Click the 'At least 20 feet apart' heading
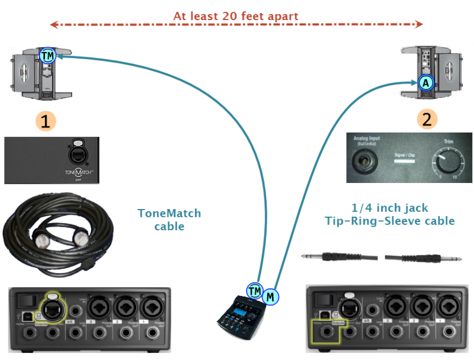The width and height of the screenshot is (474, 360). (x=236, y=16)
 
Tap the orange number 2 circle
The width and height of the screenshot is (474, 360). (x=427, y=118)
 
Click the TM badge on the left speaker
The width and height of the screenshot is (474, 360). (x=47, y=56)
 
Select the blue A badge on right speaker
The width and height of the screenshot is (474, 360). (x=425, y=83)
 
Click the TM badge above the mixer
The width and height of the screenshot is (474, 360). (x=255, y=290)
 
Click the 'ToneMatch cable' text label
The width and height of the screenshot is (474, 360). (x=169, y=219)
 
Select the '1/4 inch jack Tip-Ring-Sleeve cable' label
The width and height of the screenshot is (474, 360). (x=389, y=214)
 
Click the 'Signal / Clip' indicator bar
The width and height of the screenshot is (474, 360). (x=405, y=160)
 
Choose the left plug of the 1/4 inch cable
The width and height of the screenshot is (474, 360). (x=317, y=257)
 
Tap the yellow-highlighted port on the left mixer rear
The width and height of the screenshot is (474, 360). (x=47, y=305)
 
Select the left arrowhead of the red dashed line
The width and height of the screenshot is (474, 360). (x=52, y=25)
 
